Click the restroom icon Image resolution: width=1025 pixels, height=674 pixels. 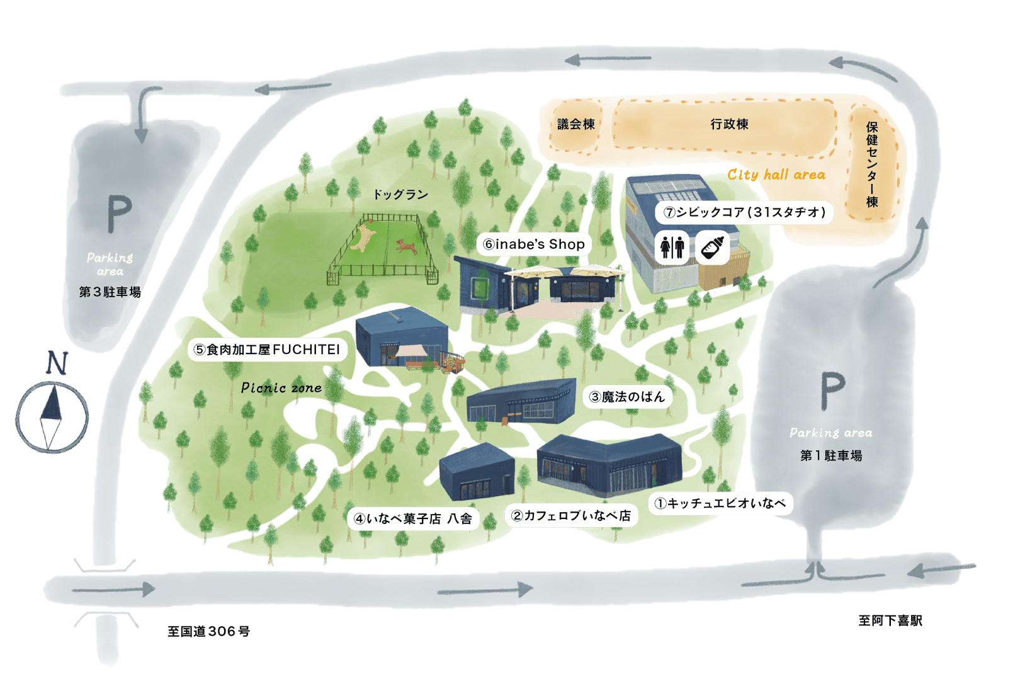[672, 248]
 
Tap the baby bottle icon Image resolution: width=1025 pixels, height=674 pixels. [713, 247]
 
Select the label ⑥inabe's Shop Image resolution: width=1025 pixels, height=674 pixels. [534, 244]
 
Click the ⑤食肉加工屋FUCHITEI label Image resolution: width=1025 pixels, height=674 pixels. [267, 350]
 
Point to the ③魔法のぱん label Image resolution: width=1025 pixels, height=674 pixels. [627, 397]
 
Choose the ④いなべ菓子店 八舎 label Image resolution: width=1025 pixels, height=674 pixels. [413, 519]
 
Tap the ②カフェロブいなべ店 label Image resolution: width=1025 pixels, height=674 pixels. [571, 516]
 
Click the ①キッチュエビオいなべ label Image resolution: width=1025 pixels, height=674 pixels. [720, 503]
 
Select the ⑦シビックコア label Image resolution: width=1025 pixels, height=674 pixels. [744, 212]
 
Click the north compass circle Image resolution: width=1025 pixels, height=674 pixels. [52, 417]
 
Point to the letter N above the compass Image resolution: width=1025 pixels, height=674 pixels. [57, 363]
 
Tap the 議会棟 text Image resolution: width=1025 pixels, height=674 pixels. [576, 124]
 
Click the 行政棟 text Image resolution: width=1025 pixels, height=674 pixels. [729, 124]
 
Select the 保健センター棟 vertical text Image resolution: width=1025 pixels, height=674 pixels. [872, 164]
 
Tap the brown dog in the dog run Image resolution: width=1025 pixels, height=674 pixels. [405, 246]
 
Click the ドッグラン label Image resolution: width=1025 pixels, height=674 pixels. [400, 195]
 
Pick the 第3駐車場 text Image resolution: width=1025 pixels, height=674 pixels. [110, 292]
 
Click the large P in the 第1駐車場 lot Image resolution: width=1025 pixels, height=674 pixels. [832, 391]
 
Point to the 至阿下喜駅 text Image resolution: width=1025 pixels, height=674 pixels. [890, 621]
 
